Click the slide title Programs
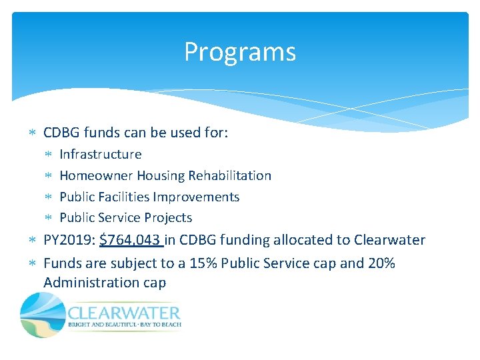(240, 52)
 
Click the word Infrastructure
(101, 155)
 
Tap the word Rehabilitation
(229, 176)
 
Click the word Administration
(91, 283)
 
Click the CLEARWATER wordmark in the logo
(124, 313)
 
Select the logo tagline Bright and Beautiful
(100, 325)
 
